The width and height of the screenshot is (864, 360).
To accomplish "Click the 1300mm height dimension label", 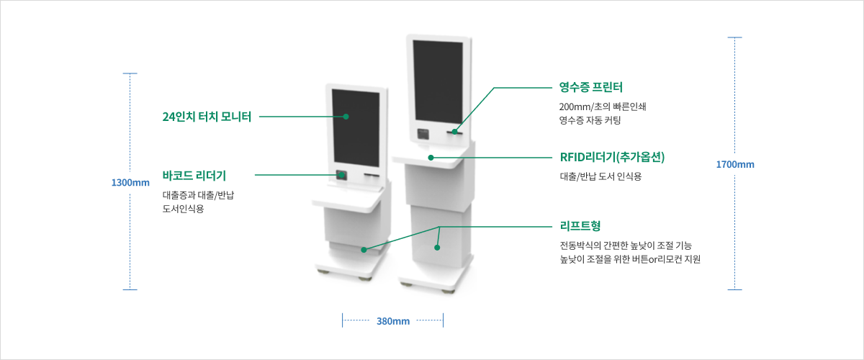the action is click(130, 182).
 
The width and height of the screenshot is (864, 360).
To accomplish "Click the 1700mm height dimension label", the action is click(735, 164).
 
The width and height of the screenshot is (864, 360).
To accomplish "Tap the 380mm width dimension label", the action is click(393, 321).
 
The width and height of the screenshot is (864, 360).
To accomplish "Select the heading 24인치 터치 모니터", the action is click(207, 117).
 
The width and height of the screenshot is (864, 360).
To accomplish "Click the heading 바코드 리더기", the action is click(194, 176).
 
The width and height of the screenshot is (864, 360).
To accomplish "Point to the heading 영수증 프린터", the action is click(591, 87).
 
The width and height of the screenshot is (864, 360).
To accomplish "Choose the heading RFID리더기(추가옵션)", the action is click(613, 157).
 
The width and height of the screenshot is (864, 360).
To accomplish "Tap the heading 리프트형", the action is click(580, 226).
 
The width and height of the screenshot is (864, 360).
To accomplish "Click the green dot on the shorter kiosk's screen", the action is click(346, 117).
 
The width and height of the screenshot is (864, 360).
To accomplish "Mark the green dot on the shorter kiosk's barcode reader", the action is click(341, 175).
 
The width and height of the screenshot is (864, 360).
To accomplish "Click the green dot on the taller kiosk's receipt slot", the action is click(455, 132).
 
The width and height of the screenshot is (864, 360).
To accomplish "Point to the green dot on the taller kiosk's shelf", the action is click(431, 158).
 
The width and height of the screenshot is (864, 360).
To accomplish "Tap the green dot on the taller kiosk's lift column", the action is click(437, 248).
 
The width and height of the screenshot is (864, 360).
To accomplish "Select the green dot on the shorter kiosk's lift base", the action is click(364, 250).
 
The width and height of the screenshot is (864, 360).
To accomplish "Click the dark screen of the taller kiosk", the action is click(438, 81).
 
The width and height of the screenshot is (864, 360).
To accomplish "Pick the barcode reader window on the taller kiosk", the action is click(423, 134).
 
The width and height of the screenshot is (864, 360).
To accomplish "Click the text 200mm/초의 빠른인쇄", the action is click(603, 107).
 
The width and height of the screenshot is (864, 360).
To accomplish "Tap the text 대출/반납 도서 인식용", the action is click(600, 176).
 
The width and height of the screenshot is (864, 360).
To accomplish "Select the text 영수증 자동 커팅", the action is click(590, 120).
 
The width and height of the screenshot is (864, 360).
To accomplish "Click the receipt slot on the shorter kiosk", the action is click(372, 175).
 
